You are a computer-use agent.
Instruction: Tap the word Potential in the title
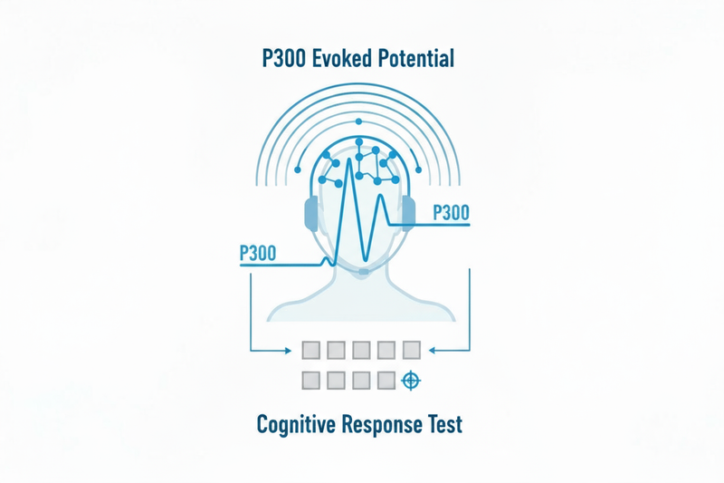pyautogui.click(x=415, y=60)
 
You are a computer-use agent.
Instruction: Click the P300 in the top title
pyautogui.click(x=281, y=60)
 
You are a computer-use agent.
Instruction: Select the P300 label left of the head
pyautogui.click(x=258, y=253)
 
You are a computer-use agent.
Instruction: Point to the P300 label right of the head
pyautogui.click(x=452, y=213)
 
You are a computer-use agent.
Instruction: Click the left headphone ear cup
pyautogui.click(x=312, y=215)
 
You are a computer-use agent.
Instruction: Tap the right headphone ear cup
pyautogui.click(x=408, y=214)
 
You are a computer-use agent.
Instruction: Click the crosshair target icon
pyautogui.click(x=411, y=381)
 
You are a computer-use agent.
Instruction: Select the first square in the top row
pyautogui.click(x=311, y=350)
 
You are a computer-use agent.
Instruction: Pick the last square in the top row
pyautogui.click(x=411, y=350)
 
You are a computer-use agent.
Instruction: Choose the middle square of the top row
pyautogui.click(x=361, y=350)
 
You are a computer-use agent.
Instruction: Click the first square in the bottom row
pyautogui.click(x=311, y=381)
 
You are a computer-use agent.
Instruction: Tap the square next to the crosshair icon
pyautogui.click(x=386, y=381)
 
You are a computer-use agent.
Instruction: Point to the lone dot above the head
pyautogui.click(x=360, y=121)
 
